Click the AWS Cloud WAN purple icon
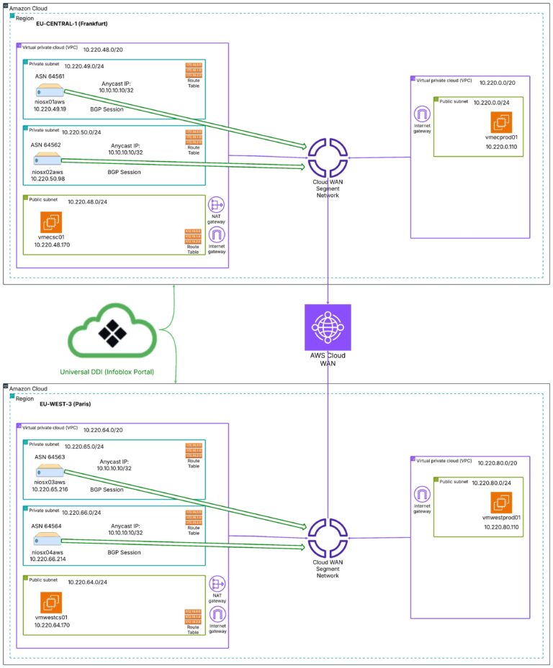tap(328, 327)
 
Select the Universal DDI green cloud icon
tap(112, 332)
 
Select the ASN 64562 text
tap(47, 144)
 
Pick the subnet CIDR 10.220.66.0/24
tap(88, 513)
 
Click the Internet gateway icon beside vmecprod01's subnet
tap(421, 114)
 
